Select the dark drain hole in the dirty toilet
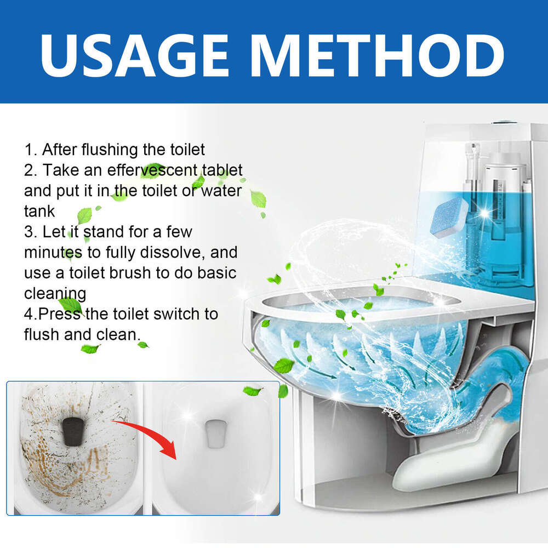pyautogui.click(x=73, y=431)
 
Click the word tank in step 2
pyautogui.click(x=39, y=211)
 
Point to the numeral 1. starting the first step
pyautogui.click(x=30, y=149)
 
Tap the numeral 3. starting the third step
pyautogui.click(x=30, y=232)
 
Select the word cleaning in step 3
pyautogui.click(x=55, y=293)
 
